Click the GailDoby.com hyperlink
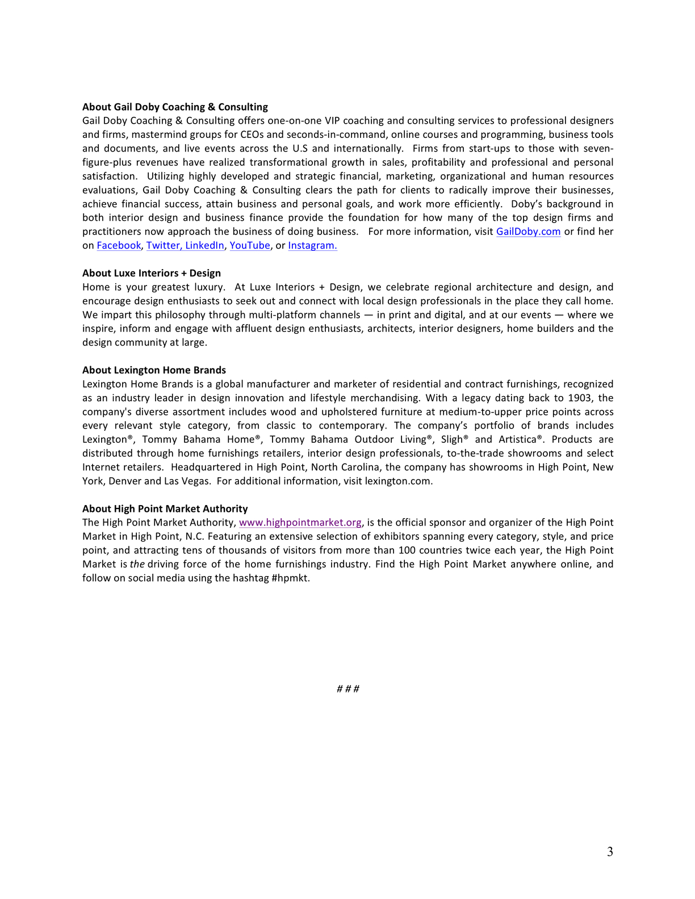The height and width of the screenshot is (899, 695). pos(528,232)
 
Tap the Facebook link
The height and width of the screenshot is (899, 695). pos(119,245)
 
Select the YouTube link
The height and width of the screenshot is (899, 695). pos(250,245)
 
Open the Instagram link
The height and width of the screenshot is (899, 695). pos(312,245)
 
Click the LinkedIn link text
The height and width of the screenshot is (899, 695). pos(204,245)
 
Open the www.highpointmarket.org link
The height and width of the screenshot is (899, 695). pos(300,522)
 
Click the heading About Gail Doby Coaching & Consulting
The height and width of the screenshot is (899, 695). pos(175,107)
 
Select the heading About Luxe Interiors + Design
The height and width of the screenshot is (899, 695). pos(152,273)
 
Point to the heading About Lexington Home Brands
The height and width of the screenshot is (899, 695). pos(154,370)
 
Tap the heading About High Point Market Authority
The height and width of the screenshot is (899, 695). pos(165,509)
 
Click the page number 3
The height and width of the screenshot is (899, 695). pos(610,851)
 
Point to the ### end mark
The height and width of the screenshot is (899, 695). pos(347,689)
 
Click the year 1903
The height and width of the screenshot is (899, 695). pos(579,398)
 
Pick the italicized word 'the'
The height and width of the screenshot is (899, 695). pos(137,564)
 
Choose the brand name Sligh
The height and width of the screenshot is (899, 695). pos(453,439)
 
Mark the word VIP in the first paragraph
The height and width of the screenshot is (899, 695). pos(332,120)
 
